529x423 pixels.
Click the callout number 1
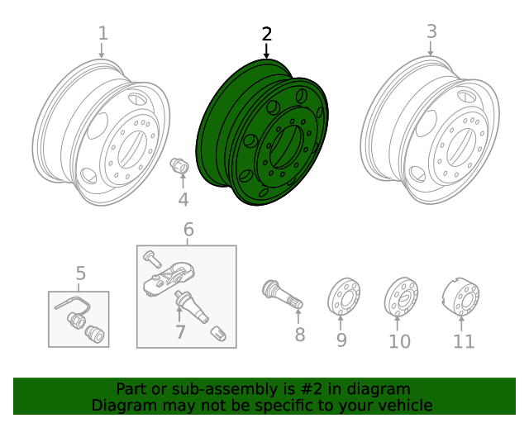[x=102, y=33]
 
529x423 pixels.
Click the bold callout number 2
[x=266, y=34]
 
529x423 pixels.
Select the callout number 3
[x=431, y=31]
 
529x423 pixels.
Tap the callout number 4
[x=183, y=199]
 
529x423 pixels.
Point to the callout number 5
[x=80, y=273]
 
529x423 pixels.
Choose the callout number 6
[x=188, y=229]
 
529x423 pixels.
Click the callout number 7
[x=180, y=332]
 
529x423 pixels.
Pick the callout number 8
[x=299, y=335]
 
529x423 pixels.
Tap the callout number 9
[x=341, y=340]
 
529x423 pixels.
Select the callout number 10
[x=399, y=340]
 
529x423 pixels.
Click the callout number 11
[x=464, y=340]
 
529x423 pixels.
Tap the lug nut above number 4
[x=179, y=165]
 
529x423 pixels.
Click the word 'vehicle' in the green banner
[x=403, y=405]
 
